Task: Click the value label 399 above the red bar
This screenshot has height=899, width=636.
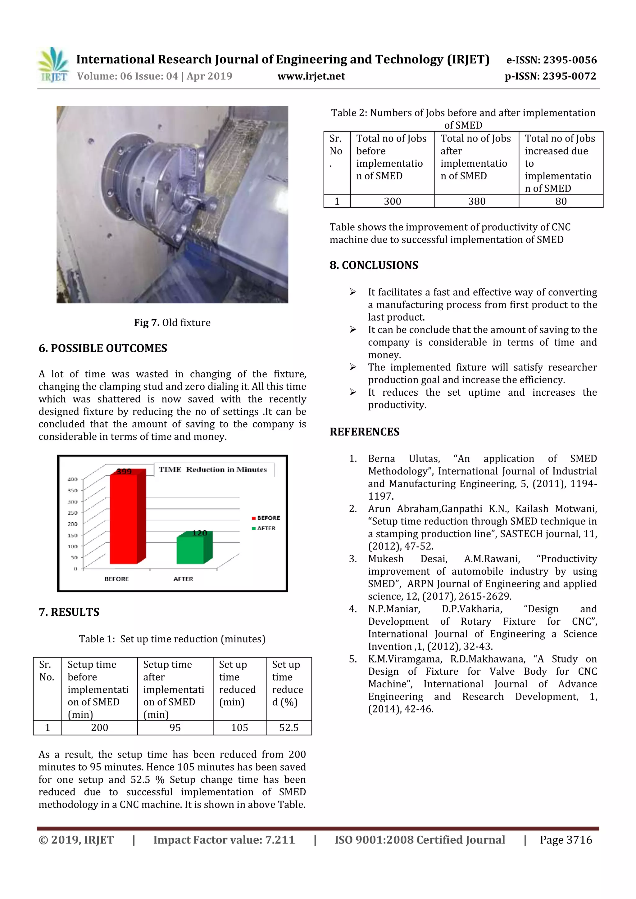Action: pos(124,471)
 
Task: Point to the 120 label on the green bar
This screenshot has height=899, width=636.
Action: pos(199,533)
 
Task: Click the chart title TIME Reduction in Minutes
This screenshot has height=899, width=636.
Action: pos(212,470)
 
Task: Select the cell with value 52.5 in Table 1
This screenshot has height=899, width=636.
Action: pos(288,727)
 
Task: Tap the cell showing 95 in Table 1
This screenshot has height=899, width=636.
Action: pos(175,727)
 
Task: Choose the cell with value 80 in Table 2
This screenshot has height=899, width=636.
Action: pos(561,201)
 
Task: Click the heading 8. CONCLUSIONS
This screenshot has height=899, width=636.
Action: pos(374,265)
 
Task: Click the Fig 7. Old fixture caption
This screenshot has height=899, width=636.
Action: pos(172,323)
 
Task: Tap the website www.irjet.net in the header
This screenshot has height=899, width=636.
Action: pos(311,76)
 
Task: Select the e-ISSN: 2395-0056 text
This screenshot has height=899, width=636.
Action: pos(551,60)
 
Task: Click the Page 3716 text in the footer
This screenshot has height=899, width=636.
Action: pos(566,839)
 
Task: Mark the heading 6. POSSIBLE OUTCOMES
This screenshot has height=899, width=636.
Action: pos(103,348)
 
